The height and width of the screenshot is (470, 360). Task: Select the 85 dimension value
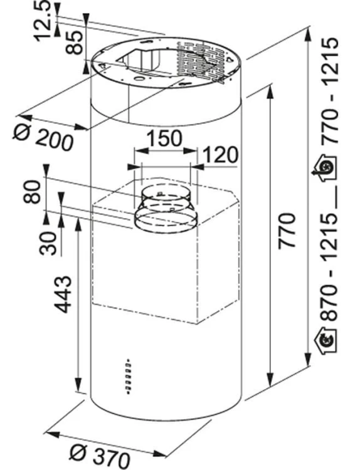74,43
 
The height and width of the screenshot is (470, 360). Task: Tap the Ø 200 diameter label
43,137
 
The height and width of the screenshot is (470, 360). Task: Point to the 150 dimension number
165,138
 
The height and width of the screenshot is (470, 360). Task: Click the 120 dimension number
221,155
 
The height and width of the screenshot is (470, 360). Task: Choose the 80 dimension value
32,192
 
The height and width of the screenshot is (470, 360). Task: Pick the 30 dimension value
48,243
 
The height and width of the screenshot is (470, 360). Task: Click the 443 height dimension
63,295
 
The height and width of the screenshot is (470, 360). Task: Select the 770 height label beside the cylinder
287,231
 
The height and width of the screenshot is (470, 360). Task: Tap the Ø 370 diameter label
100,454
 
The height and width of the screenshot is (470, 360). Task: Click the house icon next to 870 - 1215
326,339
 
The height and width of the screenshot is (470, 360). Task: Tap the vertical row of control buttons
128,376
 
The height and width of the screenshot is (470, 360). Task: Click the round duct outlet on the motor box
166,209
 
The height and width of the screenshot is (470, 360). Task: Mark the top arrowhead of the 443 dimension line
78,223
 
